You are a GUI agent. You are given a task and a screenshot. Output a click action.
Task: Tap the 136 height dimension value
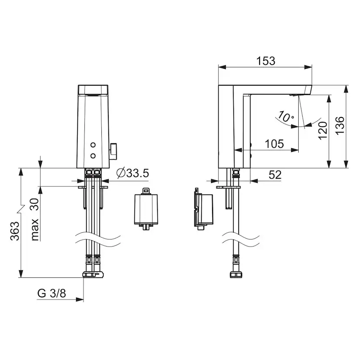(340, 126)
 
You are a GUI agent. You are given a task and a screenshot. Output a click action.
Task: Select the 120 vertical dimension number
(322, 130)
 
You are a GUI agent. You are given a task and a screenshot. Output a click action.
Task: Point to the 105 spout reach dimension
(274, 143)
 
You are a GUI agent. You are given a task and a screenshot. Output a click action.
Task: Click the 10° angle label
(285, 117)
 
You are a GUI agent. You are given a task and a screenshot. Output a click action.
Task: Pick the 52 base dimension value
(275, 175)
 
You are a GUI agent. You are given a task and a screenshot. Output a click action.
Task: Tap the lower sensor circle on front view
(93, 155)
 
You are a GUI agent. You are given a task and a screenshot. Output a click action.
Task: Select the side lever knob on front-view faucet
(115, 150)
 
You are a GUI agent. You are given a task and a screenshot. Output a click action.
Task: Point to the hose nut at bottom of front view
(93, 274)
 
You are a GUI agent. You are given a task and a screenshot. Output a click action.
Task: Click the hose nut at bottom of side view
(237, 275)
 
